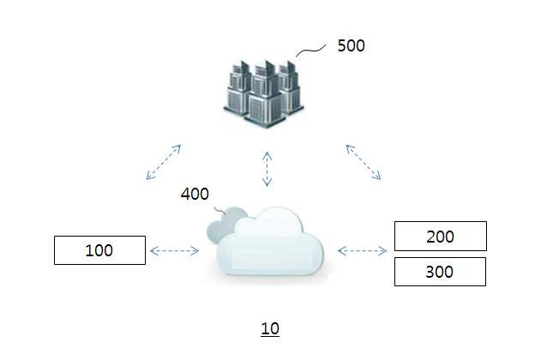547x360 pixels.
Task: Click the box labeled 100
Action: coord(99,250)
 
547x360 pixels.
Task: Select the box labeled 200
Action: coord(441,237)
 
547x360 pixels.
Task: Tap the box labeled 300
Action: coord(440,272)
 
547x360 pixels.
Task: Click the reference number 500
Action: coord(352,45)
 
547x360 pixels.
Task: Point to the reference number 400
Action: coord(195,194)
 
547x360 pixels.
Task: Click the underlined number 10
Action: coord(270,329)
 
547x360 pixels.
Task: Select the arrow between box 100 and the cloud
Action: coord(174,250)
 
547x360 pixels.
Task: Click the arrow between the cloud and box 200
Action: coord(362,250)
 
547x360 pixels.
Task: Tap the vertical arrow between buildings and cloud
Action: coord(267,169)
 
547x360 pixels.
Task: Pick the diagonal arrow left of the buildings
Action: coord(164,162)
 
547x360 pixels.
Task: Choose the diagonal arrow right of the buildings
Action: coord(364,162)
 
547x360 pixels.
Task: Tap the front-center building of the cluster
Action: coord(264,96)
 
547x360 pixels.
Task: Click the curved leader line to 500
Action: coord(311,51)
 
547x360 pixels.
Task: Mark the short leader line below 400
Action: coord(219,210)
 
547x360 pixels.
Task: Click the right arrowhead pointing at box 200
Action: coord(383,250)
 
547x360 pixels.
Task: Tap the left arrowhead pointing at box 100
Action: coord(153,250)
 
